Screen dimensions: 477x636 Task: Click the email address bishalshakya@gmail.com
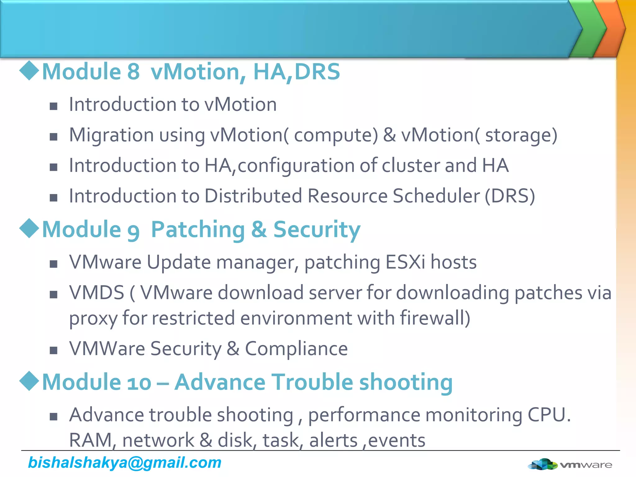coord(125,463)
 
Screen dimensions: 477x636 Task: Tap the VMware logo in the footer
coord(570,465)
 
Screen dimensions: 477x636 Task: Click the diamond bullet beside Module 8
coord(29,70)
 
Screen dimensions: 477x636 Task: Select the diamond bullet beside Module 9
coord(29,228)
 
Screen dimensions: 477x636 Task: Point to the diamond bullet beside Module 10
coord(29,381)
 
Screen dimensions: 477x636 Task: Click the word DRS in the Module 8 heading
coord(317,72)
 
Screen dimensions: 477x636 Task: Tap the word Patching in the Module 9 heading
coord(198,229)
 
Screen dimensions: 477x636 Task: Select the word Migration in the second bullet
coord(111,135)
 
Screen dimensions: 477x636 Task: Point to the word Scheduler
coord(436,196)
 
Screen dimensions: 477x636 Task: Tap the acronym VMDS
coord(97,293)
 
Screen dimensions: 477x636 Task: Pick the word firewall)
coord(435,318)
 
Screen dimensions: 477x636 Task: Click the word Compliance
coord(296,348)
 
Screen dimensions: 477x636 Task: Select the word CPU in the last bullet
coord(549,415)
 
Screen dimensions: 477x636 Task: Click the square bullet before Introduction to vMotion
coord(54,107)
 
